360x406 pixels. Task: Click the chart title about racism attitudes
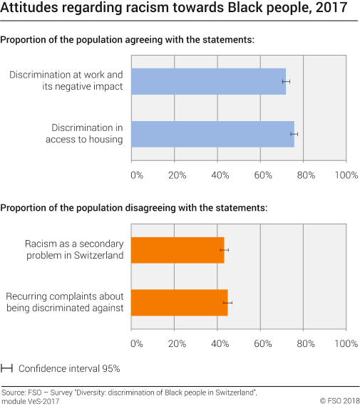175,10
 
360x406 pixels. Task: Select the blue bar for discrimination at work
209,82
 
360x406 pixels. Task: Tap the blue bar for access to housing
213,134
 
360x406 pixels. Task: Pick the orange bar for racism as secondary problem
178,250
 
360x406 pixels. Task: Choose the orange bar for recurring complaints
180,303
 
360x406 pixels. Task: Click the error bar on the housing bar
294,134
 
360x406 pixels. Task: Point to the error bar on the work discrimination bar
286,82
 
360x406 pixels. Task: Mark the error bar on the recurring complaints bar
227,303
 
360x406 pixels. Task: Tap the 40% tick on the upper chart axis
220,175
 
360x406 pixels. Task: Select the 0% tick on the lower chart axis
137,343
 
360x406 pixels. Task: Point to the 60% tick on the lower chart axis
262,343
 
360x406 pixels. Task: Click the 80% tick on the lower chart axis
304,343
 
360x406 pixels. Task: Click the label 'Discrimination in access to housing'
87,134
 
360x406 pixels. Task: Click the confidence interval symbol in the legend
7,368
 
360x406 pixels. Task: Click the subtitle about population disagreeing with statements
134,208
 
